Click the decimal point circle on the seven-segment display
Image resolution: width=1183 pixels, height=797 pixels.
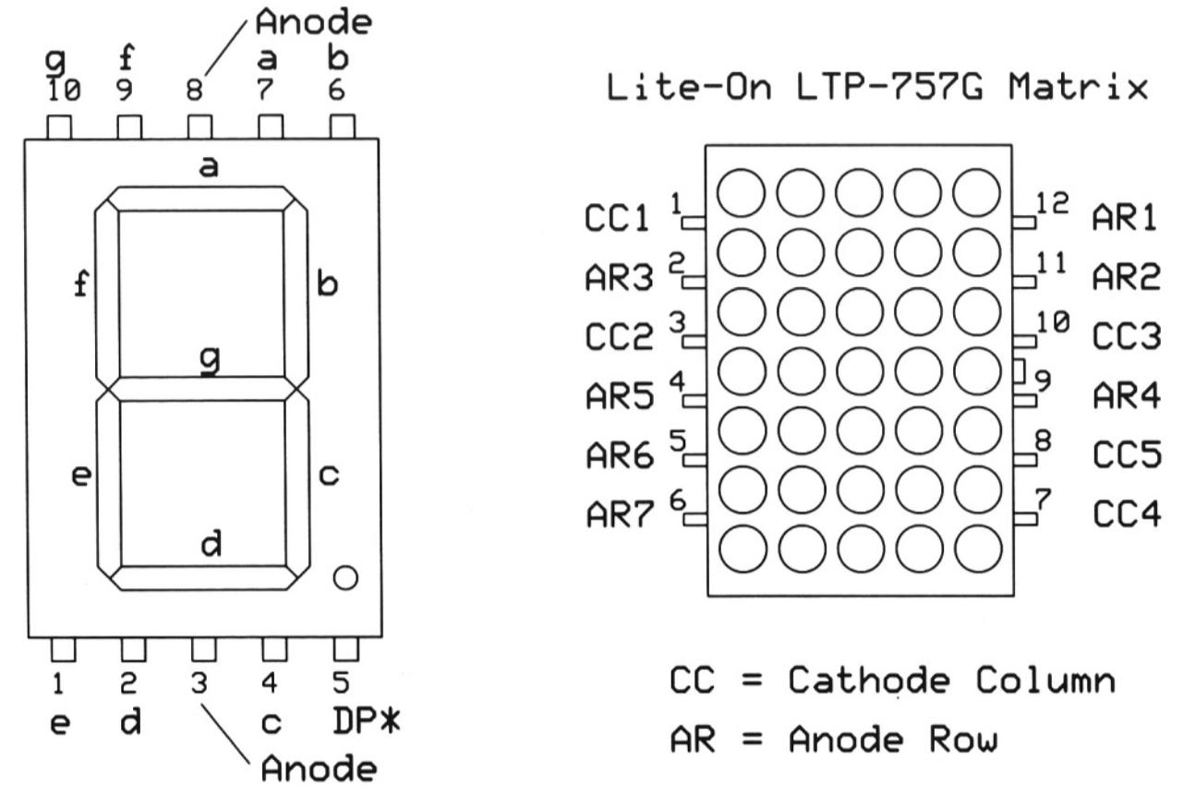click(x=344, y=577)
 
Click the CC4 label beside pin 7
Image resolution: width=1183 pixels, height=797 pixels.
click(x=1127, y=513)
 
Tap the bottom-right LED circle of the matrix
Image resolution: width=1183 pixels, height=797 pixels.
click(x=976, y=550)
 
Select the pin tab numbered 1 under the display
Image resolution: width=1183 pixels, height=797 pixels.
click(x=62, y=650)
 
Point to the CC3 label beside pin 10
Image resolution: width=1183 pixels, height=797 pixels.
click(x=1127, y=336)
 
